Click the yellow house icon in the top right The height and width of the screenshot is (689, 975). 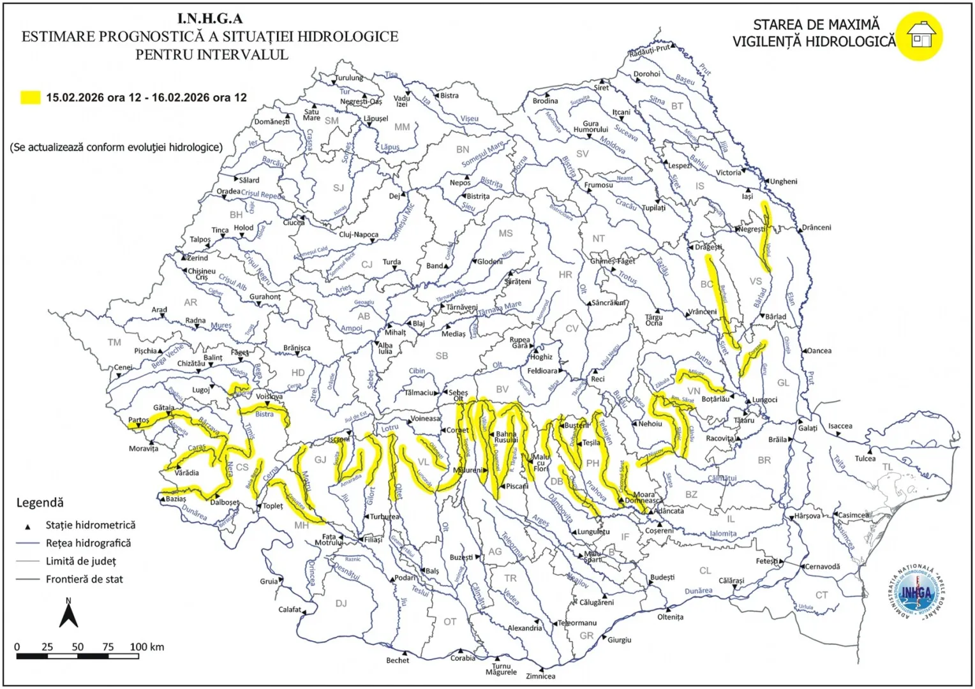tap(919, 36)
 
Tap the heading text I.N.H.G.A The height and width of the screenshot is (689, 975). tap(210, 19)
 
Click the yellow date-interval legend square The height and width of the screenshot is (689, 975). tap(31, 98)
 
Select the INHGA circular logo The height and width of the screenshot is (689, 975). tap(916, 593)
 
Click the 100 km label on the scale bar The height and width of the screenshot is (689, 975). tap(147, 647)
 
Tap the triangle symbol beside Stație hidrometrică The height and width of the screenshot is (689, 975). tap(27, 526)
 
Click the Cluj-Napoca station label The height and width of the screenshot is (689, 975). tap(359, 234)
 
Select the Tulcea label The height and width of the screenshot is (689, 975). tap(865, 458)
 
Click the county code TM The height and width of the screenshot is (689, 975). tap(114, 343)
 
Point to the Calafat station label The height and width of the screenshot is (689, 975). tap(290, 609)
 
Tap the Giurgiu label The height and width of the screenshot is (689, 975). tap(619, 640)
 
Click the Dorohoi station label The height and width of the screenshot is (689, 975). tap(646, 74)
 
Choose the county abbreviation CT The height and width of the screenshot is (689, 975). tap(821, 595)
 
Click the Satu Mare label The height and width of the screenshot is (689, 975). tap(311, 115)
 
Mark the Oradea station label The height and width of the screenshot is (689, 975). tap(228, 191)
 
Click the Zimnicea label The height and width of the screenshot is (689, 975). tap(540, 676)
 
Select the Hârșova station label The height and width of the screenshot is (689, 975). tap(807, 515)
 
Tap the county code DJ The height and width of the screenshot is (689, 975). tap(341, 603)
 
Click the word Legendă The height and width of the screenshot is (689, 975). tap(40, 503)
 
